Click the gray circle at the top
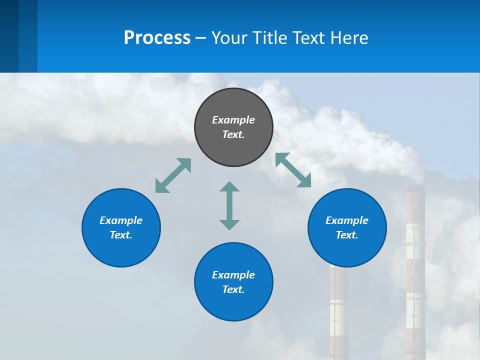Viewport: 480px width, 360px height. click(233, 127)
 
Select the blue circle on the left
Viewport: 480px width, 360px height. click(121, 227)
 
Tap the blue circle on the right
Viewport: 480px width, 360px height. click(347, 227)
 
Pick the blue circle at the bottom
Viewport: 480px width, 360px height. click(233, 282)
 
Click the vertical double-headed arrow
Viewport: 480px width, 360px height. click(229, 205)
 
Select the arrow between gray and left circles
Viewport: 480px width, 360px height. click(173, 175)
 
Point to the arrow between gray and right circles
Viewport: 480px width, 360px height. click(293, 170)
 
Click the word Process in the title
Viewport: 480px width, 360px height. click(157, 37)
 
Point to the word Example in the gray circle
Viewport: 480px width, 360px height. click(233, 120)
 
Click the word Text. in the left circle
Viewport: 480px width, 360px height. click(121, 235)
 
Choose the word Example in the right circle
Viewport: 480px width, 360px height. click(347, 220)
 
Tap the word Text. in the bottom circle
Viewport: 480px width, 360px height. click(233, 289)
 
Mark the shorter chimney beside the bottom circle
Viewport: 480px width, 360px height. click(338, 310)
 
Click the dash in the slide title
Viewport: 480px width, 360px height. click(201, 37)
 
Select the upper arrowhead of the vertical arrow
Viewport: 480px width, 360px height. click(229, 187)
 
